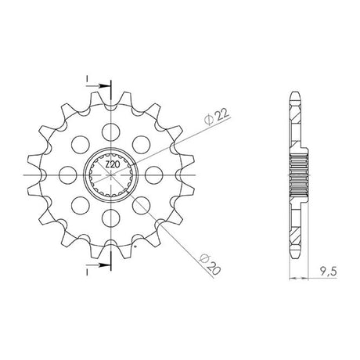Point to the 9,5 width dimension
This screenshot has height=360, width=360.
pos(328,272)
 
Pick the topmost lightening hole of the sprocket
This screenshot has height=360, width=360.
pos(111,132)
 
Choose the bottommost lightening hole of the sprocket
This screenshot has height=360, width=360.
pos(111,218)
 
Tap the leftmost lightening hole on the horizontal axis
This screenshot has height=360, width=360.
pos(68,175)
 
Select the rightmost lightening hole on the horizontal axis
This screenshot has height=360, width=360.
pos(153,175)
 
